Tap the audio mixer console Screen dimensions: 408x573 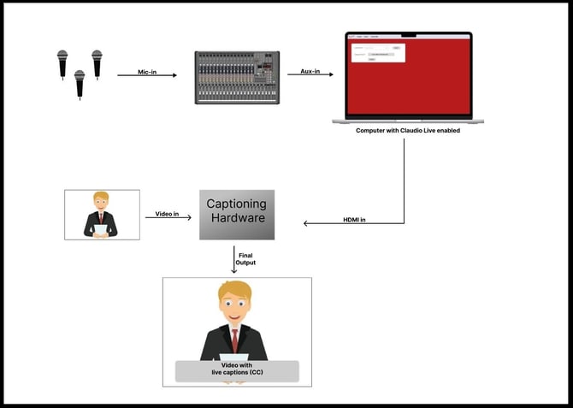[x=237, y=78]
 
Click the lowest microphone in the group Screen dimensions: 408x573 [x=80, y=82]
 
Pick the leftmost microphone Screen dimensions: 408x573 [x=62, y=65]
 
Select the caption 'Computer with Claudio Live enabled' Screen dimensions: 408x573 [x=409, y=131]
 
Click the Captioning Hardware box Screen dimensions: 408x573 [x=237, y=215]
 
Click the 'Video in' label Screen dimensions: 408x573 [x=167, y=214]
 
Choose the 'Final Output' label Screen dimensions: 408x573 [x=245, y=258]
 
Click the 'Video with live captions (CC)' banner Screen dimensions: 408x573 [x=237, y=370]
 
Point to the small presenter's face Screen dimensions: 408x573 [x=102, y=203]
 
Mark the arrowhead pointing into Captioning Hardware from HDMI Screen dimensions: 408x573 [x=307, y=225]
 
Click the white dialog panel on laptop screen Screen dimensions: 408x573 [x=377, y=52]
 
